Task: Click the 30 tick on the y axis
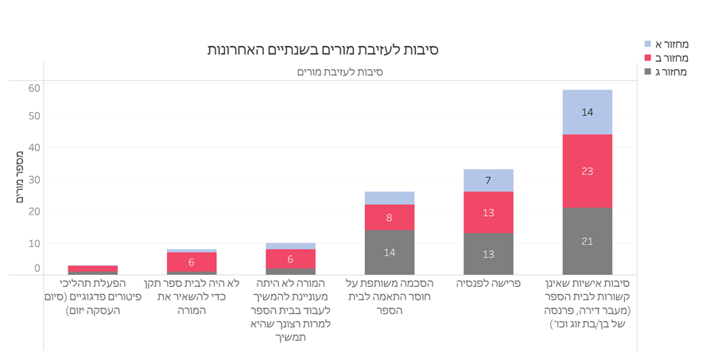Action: pos(33,179)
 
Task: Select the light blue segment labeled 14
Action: pos(588,112)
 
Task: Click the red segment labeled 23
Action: pos(588,171)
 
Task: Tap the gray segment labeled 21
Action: pos(588,241)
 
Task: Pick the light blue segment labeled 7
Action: pos(488,180)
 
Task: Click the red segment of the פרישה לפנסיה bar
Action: pos(488,212)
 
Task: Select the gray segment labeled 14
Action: pos(390,252)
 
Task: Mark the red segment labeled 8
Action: pos(390,217)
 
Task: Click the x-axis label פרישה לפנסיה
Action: pos(488,284)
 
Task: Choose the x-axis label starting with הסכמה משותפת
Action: pos(390,296)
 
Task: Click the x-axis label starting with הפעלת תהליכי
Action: pos(93,296)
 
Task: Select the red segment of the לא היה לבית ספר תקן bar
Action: pos(192,262)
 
